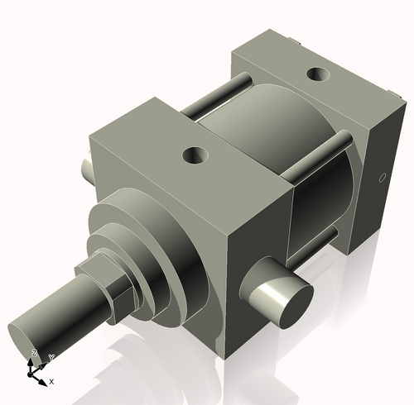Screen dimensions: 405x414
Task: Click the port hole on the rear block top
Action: (316, 74)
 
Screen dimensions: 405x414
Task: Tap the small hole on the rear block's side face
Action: (382, 177)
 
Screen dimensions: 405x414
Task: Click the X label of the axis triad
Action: (51, 381)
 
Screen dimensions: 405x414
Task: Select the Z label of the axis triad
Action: (33, 353)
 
